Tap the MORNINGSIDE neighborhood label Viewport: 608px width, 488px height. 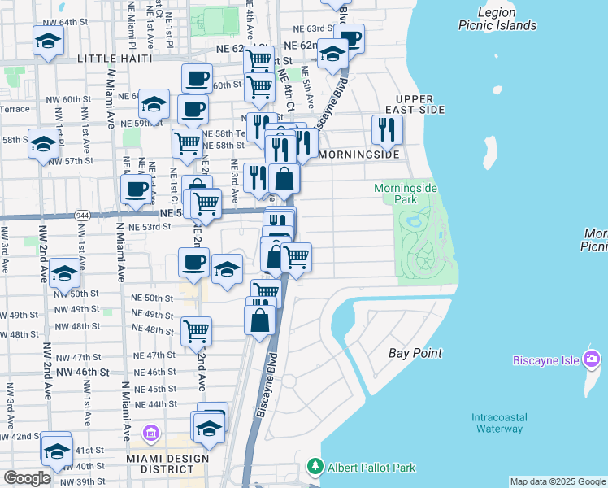(x=359, y=154)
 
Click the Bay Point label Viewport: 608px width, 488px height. (x=415, y=353)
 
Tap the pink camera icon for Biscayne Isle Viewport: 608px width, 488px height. (x=593, y=359)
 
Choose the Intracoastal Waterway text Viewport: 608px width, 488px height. (x=497, y=423)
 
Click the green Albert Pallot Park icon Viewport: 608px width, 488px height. (x=315, y=467)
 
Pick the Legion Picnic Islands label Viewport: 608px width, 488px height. (x=497, y=19)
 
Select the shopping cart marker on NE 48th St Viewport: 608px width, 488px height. (x=196, y=331)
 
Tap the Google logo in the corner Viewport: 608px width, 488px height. (x=27, y=478)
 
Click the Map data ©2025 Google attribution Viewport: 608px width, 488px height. (x=558, y=481)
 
